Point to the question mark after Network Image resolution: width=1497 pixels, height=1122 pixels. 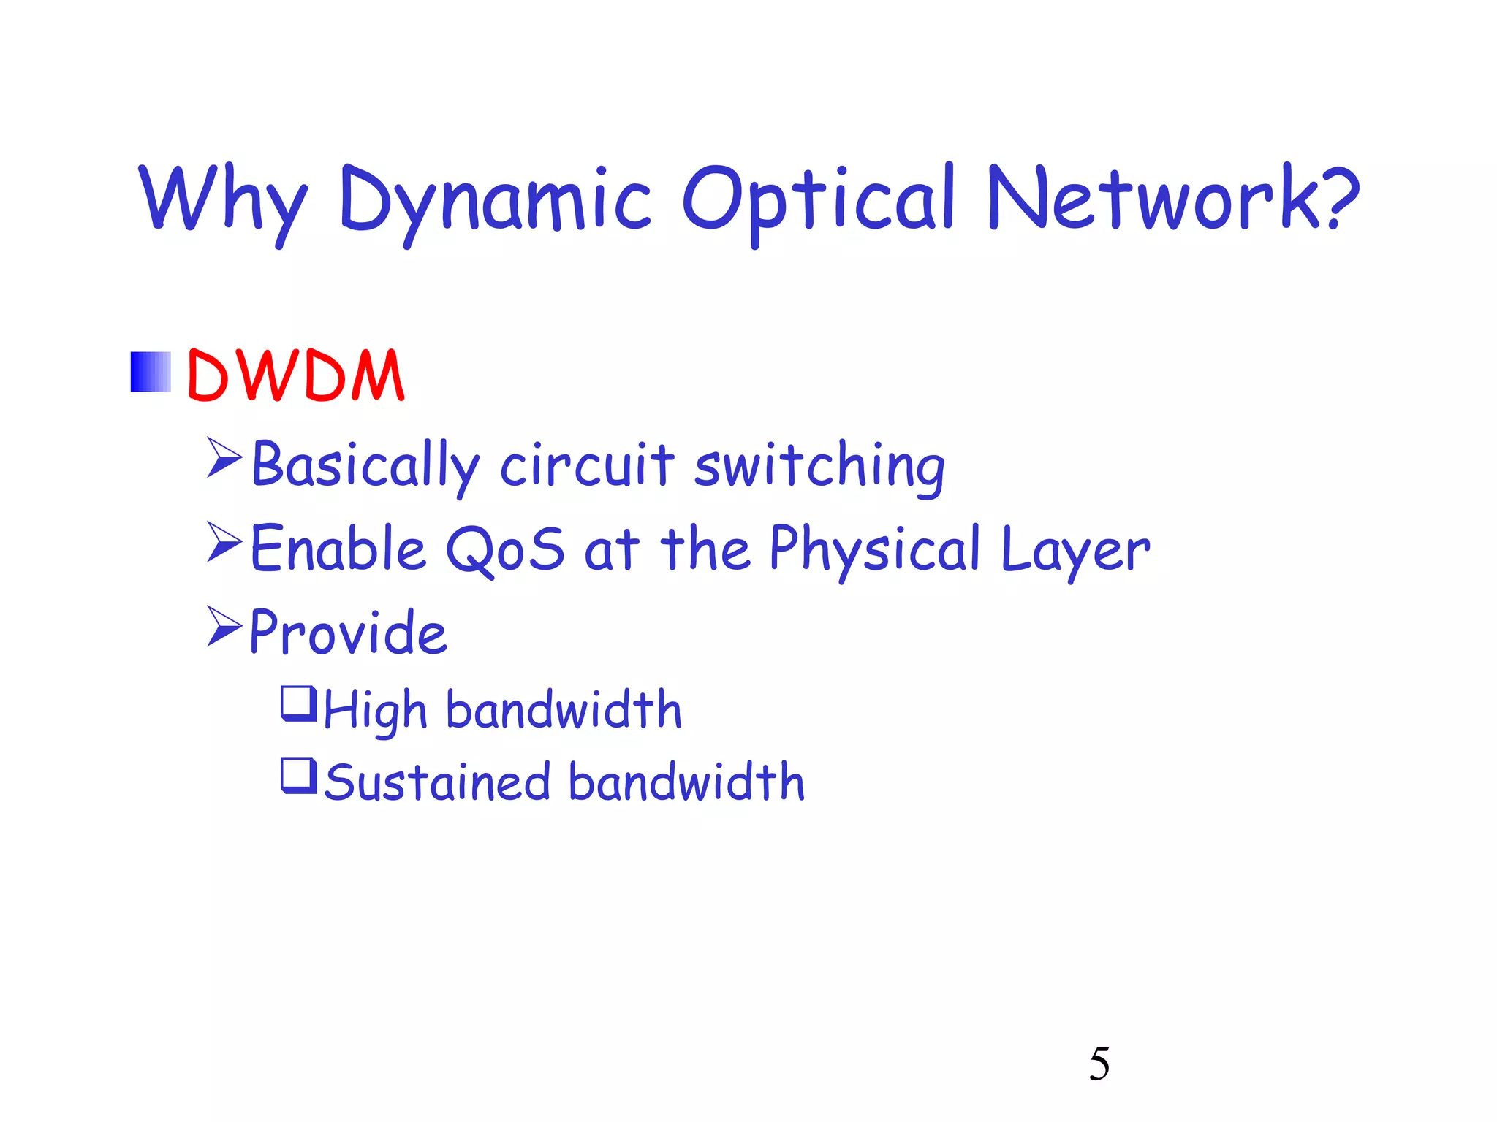tap(1342, 196)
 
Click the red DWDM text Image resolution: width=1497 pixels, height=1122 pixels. tap(295, 375)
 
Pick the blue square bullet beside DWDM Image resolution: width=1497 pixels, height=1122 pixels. tap(151, 372)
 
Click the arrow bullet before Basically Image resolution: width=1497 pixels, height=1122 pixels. tap(224, 458)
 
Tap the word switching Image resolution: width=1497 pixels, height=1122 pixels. tap(819, 467)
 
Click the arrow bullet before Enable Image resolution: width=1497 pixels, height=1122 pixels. tap(224, 542)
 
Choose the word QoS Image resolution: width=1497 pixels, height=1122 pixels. tap(505, 549)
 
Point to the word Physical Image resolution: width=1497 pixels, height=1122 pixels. tap(874, 549)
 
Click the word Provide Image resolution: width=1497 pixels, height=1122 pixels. tap(348, 632)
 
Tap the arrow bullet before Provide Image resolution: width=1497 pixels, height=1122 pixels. tap(224, 626)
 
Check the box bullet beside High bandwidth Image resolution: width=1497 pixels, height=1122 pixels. tap(299, 703)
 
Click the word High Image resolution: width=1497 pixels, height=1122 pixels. tap(375, 711)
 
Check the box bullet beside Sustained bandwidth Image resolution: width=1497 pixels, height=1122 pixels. tap(299, 776)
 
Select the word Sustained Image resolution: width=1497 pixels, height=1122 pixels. tap(437, 782)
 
